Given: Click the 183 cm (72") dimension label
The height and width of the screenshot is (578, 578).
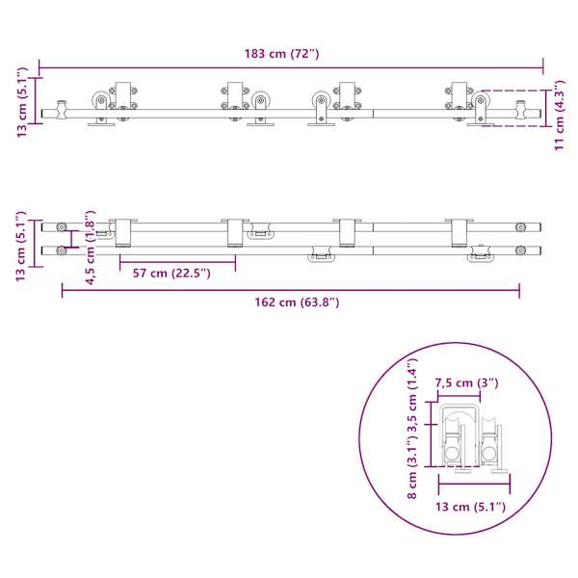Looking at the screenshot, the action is click(282, 54).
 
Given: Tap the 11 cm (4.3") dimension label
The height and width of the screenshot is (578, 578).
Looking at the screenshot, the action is click(560, 115).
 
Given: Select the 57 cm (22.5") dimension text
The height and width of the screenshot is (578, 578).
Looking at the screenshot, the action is click(171, 274).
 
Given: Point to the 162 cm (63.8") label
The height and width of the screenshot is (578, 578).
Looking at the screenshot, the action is click(297, 302).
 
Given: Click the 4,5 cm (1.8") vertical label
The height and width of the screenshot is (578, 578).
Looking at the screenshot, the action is click(91, 248).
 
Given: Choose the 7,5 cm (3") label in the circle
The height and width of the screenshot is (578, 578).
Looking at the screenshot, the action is click(466, 383).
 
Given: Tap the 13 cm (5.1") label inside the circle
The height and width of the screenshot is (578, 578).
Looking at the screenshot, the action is click(470, 507).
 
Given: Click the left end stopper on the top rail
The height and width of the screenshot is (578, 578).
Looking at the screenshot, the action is click(62, 110).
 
